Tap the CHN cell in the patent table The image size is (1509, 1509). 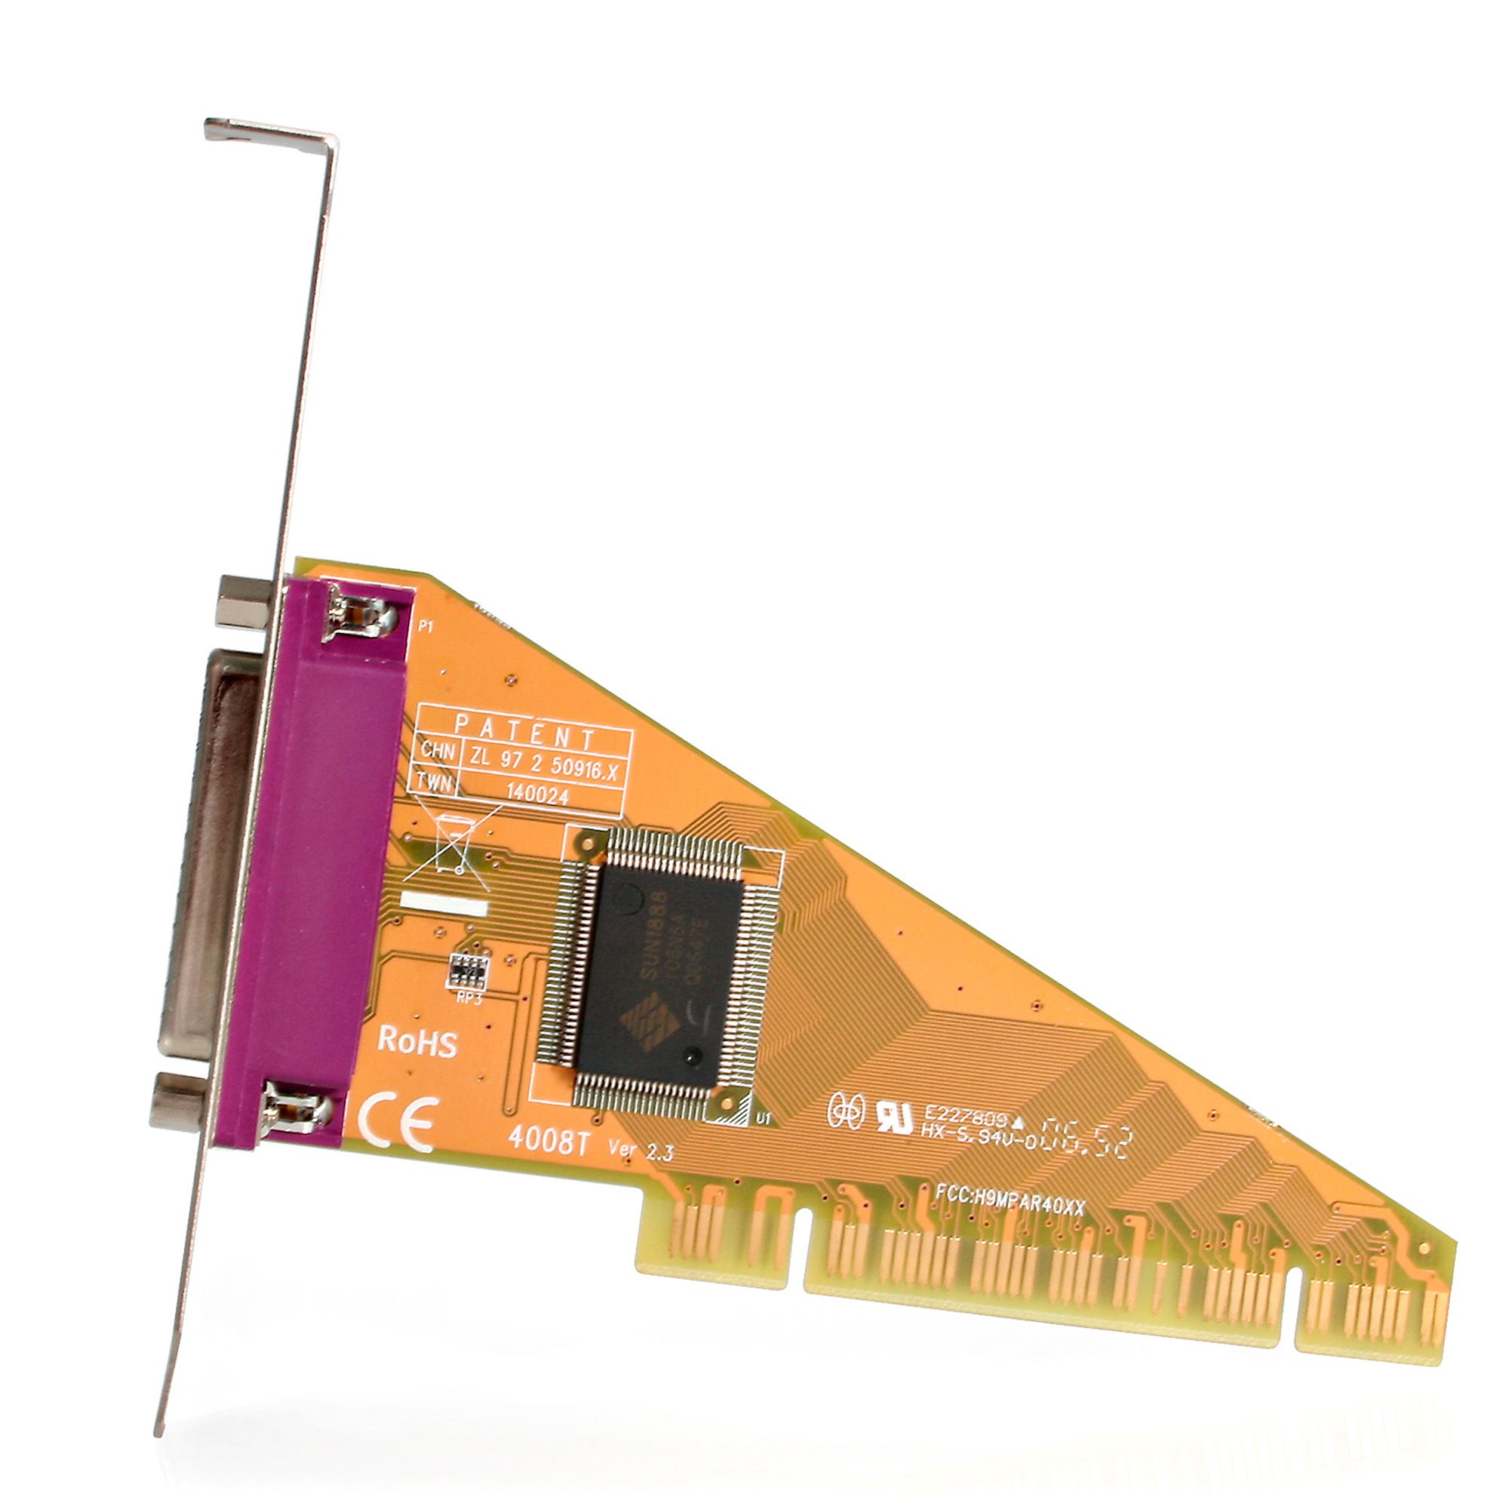pyautogui.click(x=438, y=751)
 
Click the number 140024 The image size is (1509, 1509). pyautogui.click(x=537, y=794)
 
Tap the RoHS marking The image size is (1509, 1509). pyautogui.click(x=417, y=1042)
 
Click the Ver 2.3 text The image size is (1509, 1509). pyautogui.click(x=641, y=1151)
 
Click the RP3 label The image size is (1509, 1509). pyautogui.click(x=469, y=999)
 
